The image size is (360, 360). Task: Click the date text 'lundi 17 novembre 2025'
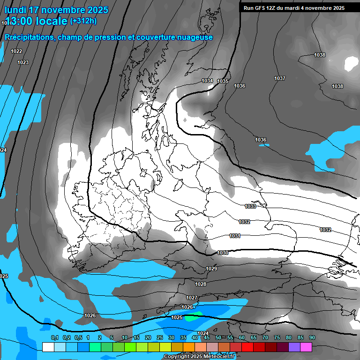coord(56,10)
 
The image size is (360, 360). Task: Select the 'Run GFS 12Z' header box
coord(293,7)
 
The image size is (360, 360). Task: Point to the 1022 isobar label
coord(16,51)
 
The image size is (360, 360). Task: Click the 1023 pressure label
coord(22,62)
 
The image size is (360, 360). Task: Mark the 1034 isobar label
coord(207,81)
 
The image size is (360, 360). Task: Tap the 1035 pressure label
coord(223,81)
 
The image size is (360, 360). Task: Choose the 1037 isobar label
coord(280,78)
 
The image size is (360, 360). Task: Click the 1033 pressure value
coord(250,206)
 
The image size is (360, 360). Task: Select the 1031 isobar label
coord(235,236)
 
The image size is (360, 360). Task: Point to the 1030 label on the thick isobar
coord(223,253)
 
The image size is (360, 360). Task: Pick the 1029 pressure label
coord(211,269)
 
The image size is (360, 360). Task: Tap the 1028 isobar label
coord(201,284)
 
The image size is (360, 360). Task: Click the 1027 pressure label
coord(191,298)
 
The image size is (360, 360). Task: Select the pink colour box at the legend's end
coord(306,347)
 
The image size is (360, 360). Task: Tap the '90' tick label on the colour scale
coord(312,337)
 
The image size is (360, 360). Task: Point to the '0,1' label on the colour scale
coord(54,337)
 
